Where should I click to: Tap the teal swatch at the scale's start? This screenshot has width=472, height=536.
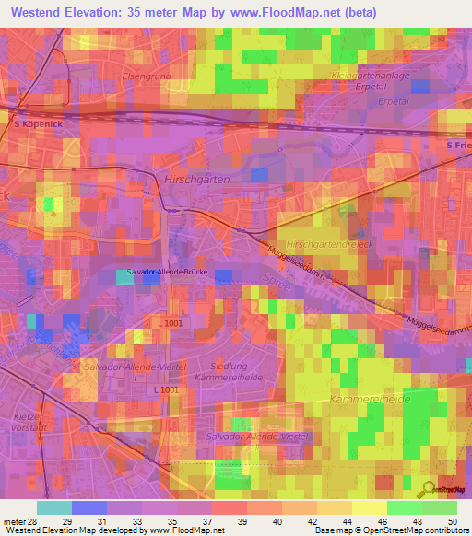54,507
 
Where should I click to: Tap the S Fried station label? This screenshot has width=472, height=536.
458,146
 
